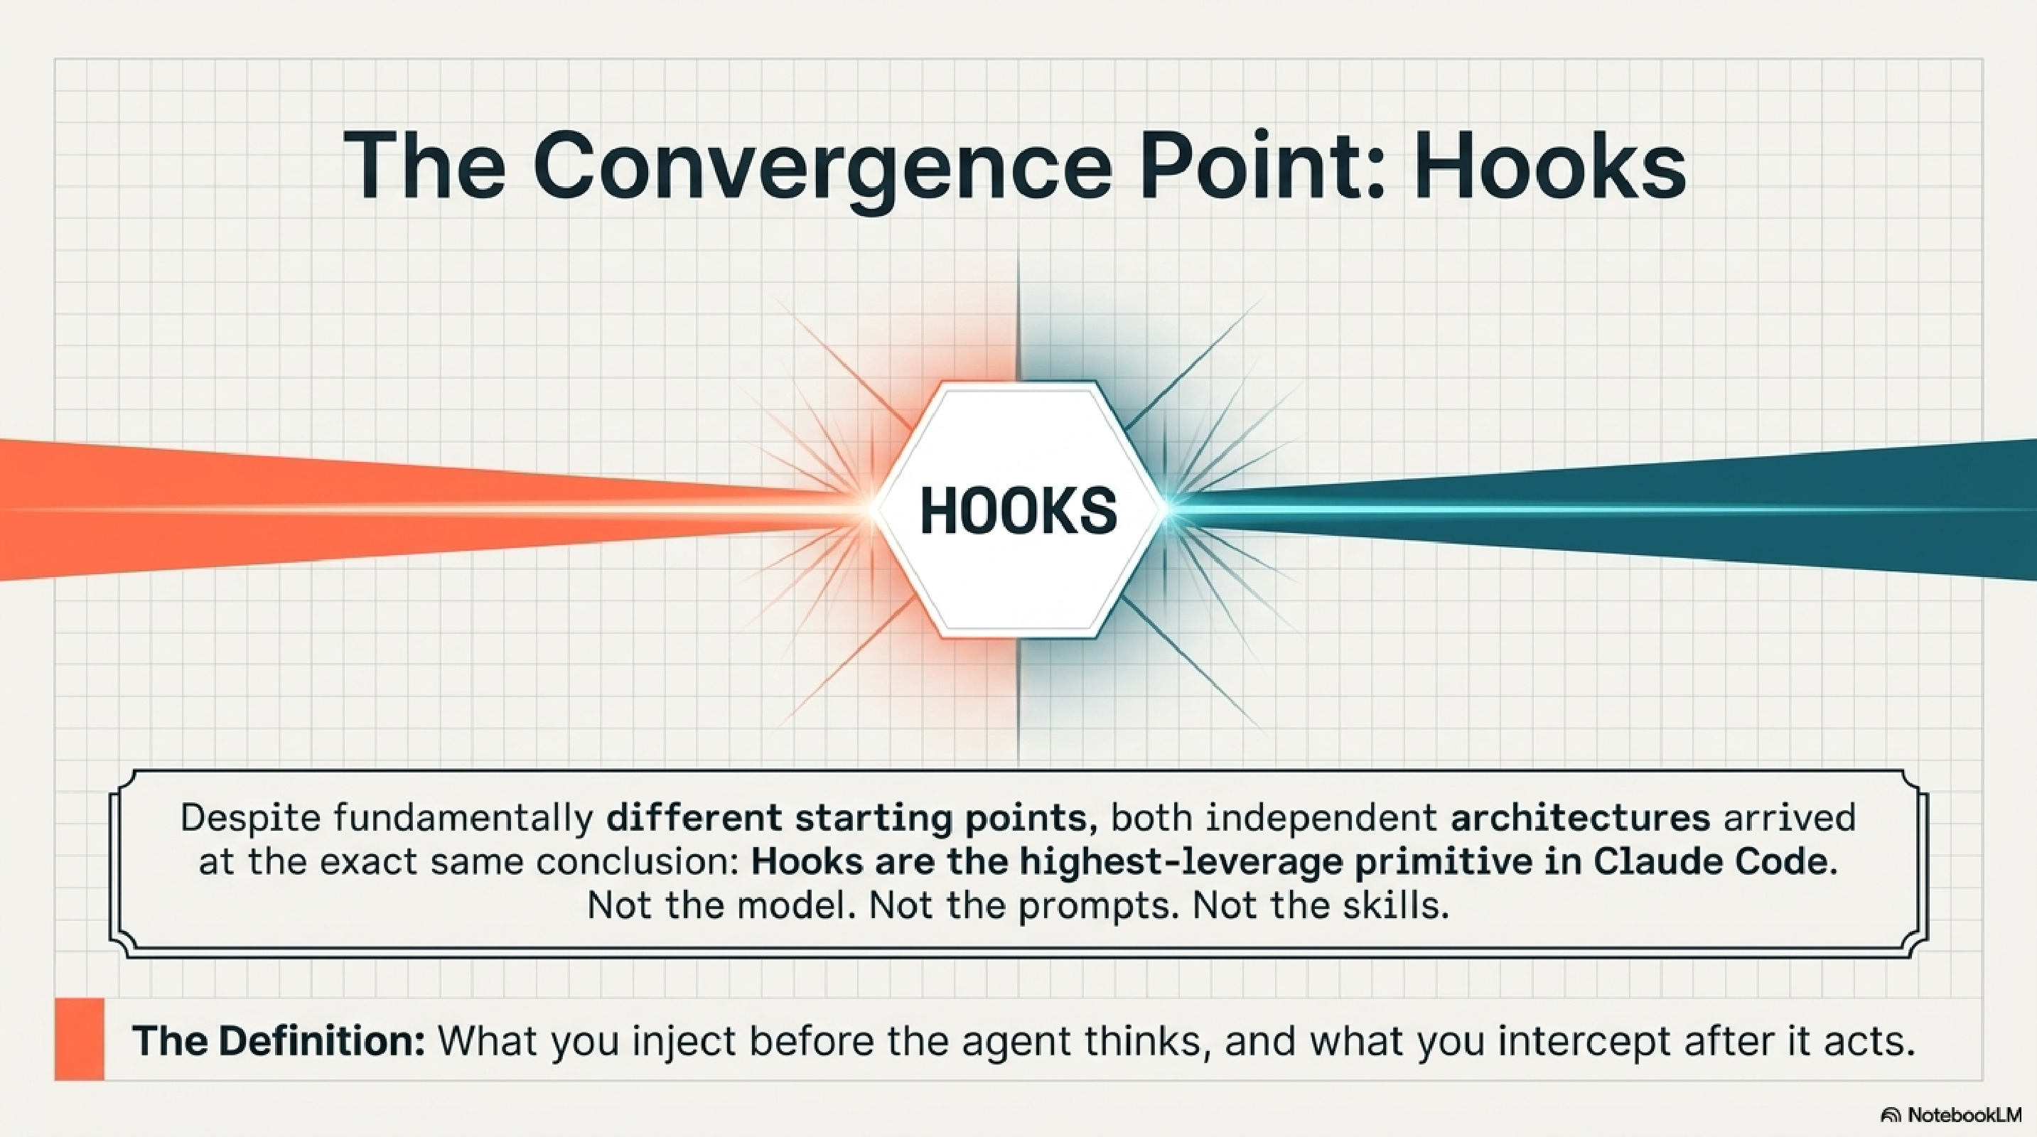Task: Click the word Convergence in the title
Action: (823, 168)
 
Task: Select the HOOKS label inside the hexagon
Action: (1019, 511)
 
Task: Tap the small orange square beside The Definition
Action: (79, 1039)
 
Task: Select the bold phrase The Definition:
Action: (279, 1040)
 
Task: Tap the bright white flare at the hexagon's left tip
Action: (872, 511)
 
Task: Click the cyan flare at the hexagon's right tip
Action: (1167, 506)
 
